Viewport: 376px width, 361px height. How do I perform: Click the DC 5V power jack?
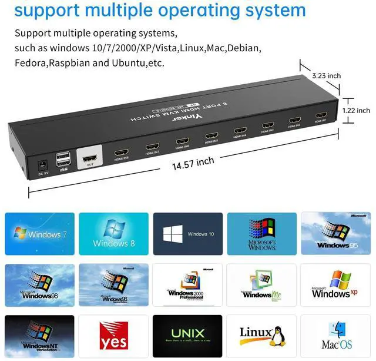coord(42,166)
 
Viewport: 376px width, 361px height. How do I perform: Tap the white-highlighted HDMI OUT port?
coord(90,159)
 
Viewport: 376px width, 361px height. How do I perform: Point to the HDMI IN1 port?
coord(321,115)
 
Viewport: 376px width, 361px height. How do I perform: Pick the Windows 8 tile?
coord(113,234)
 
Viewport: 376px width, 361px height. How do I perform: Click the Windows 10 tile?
coord(187,234)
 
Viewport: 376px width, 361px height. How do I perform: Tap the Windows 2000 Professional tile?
coord(187,285)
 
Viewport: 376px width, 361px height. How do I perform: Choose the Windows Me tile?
coord(261,285)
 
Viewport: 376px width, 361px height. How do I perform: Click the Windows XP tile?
coord(335,285)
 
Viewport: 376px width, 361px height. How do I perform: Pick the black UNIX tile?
coord(187,336)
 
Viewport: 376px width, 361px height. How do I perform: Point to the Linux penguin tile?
coord(261,336)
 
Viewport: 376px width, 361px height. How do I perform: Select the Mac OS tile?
coord(335,336)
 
